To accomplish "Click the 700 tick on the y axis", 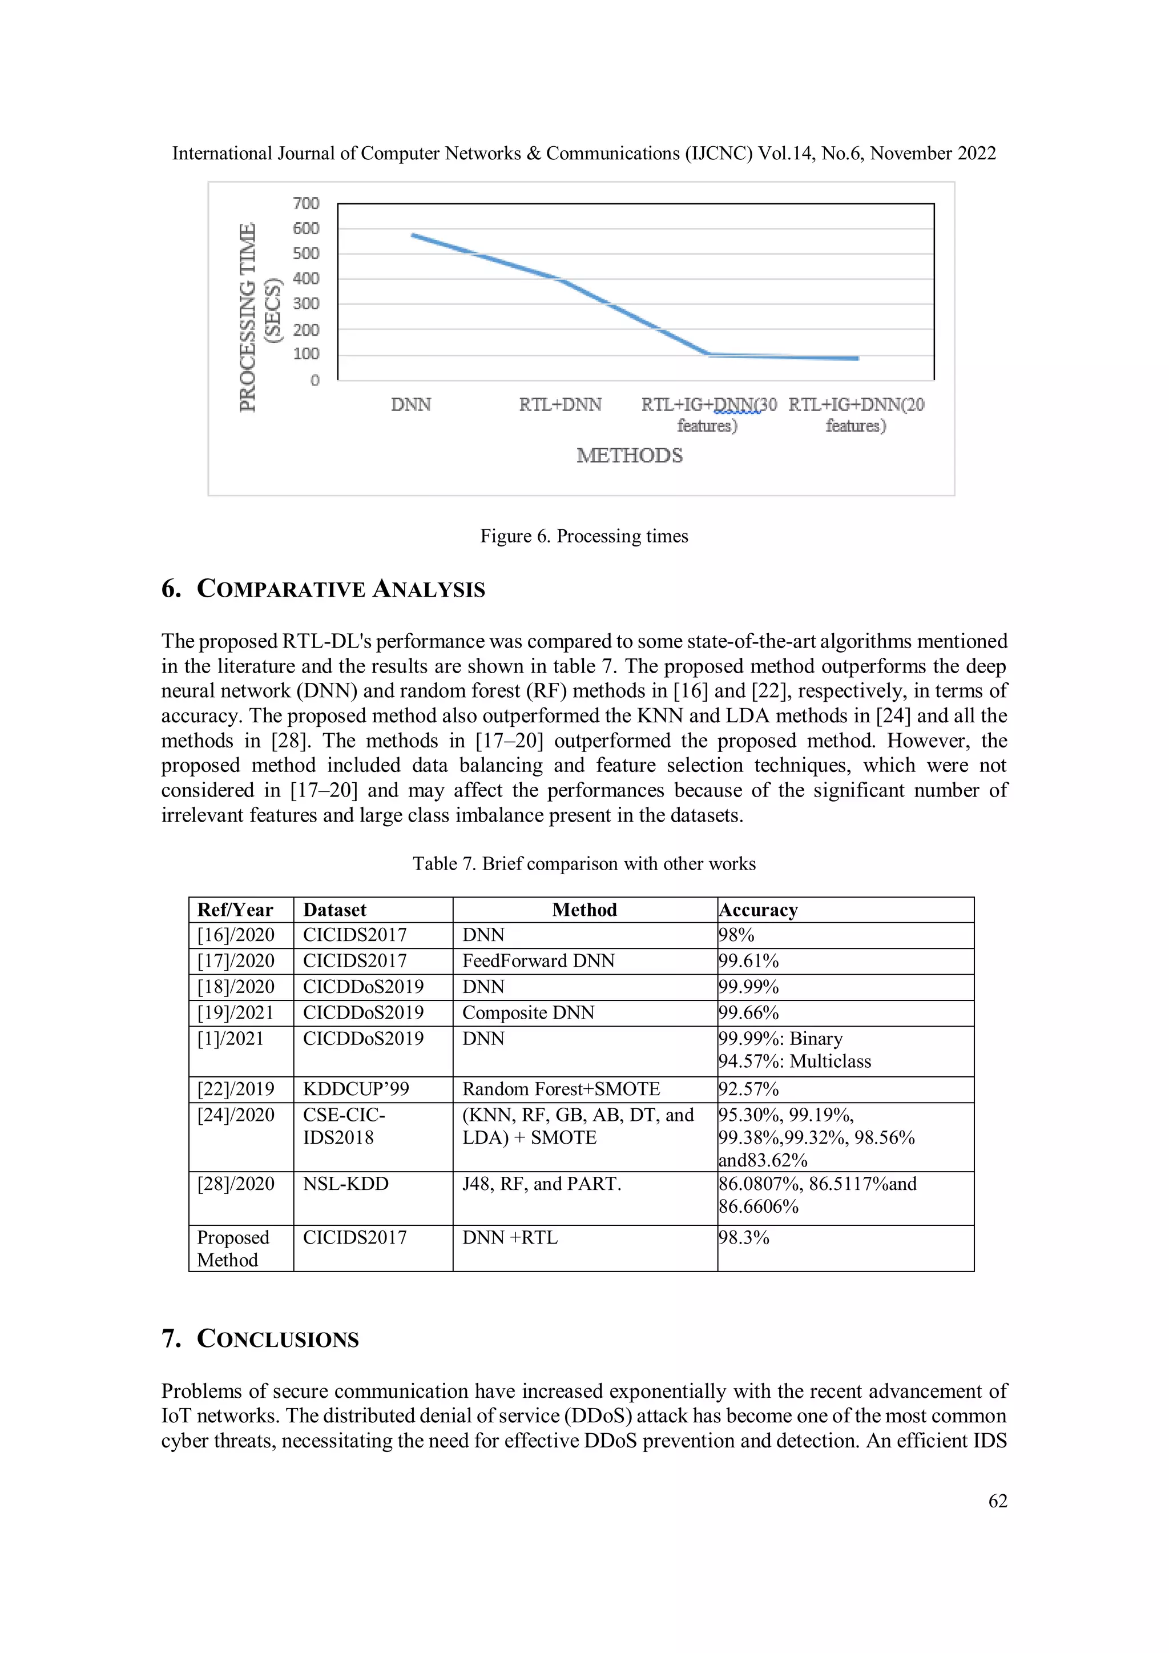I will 305,204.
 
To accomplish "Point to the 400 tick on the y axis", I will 305,279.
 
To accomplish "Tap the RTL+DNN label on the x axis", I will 560,405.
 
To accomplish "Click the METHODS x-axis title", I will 629,456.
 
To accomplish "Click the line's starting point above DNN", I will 413,235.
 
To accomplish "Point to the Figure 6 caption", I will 584,536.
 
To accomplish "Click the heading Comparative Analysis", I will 323,589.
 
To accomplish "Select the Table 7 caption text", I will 584,864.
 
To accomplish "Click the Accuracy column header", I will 759,910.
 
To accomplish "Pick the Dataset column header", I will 334,910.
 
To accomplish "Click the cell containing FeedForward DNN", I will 538,961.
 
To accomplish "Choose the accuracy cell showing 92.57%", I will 749,1089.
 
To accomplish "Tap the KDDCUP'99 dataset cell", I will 356,1089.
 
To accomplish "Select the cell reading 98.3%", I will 744,1237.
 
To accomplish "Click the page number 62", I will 998,1501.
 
